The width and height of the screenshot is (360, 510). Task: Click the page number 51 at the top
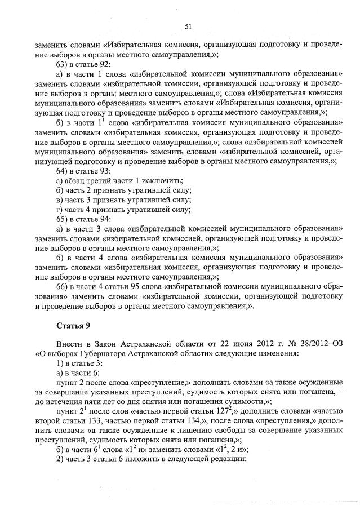pos(188,26)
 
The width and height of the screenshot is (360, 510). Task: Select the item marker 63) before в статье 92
pos(63,64)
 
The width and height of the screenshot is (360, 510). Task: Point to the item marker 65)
pos(63,219)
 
